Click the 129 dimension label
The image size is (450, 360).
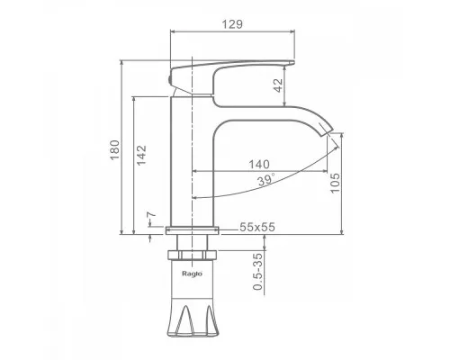click(232, 24)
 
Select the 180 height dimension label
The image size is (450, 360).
click(115, 150)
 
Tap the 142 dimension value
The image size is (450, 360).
click(141, 155)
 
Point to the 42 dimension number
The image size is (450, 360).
click(278, 85)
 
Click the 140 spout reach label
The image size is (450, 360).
click(259, 165)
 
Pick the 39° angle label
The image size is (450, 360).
click(265, 180)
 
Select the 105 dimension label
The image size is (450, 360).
click(335, 183)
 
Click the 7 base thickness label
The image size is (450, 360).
click(151, 215)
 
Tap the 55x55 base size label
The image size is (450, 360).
click(257, 227)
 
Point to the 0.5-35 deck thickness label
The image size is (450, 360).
click(257, 272)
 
